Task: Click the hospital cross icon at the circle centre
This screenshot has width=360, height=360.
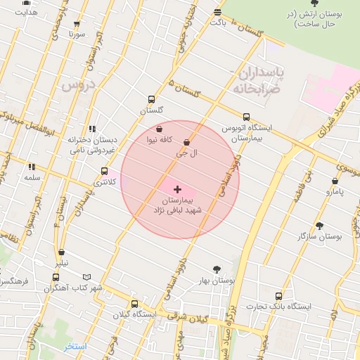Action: tap(177, 189)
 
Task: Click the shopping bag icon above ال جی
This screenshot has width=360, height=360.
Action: tap(186, 143)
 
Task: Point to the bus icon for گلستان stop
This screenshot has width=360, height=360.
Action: tap(152, 100)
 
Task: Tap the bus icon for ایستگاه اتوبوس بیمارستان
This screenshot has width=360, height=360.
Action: tap(245, 117)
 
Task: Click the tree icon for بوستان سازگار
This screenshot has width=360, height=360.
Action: tap(320, 226)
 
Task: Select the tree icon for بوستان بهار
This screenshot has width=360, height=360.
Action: tap(217, 269)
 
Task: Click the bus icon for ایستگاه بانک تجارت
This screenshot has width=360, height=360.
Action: tap(279, 296)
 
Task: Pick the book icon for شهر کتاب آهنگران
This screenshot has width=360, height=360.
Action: tap(86, 278)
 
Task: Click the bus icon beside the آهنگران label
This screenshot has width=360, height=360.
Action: tap(56, 278)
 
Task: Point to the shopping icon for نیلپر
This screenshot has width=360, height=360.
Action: tap(62, 252)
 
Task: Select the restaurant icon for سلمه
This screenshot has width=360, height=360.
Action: tap(32, 167)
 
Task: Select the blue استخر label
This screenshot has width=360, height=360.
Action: tap(75, 347)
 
